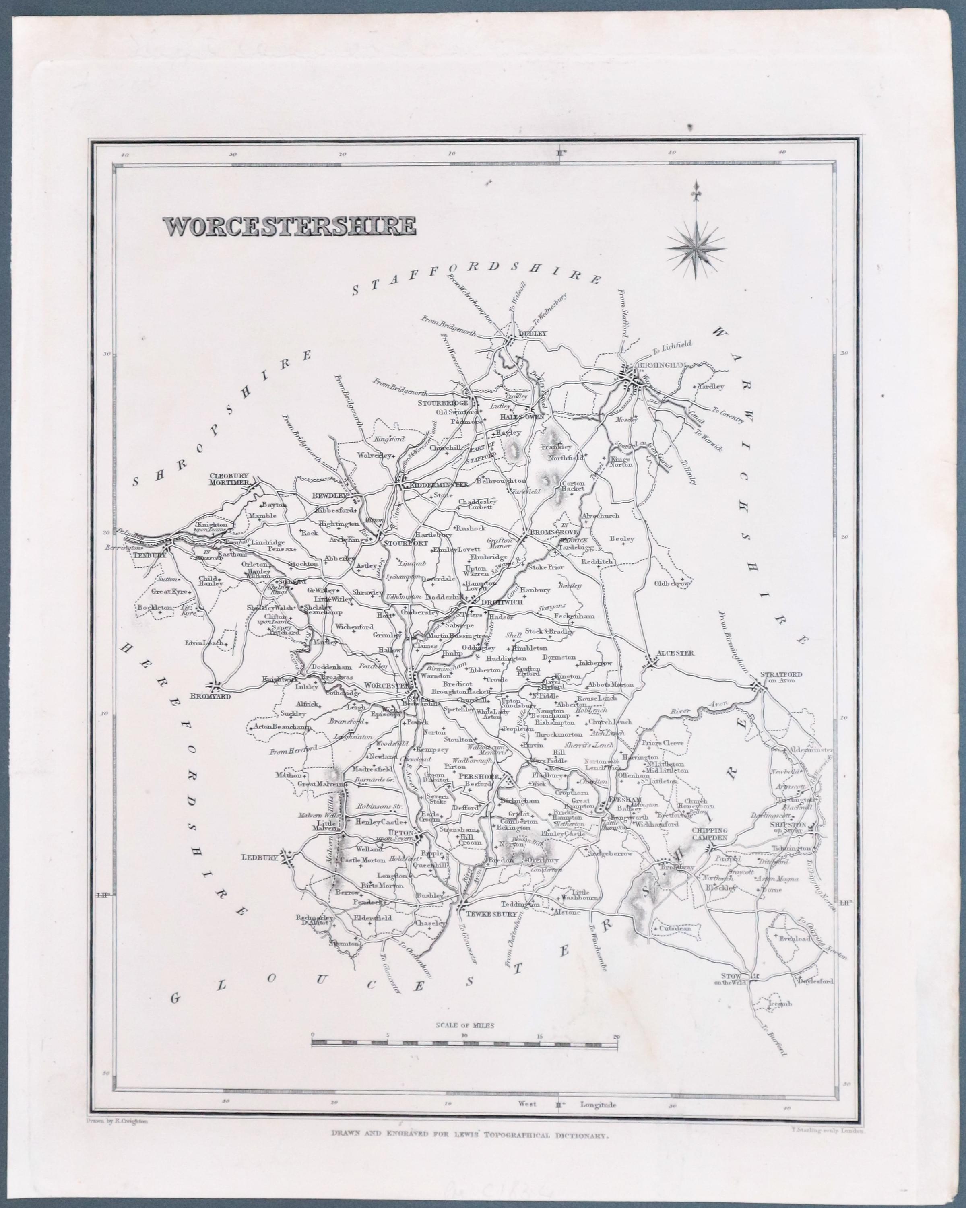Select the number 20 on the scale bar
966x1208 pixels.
(616, 1037)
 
